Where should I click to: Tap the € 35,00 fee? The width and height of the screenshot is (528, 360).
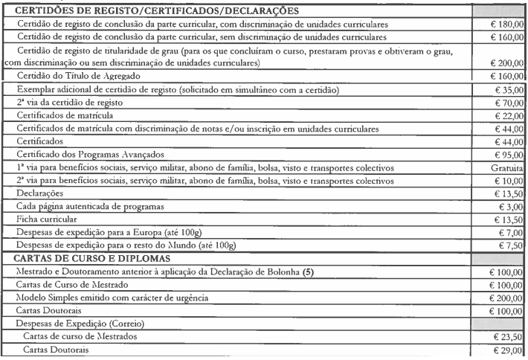point(505,89)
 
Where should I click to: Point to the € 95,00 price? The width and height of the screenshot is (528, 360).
point(505,155)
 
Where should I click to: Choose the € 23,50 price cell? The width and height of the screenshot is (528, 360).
point(505,337)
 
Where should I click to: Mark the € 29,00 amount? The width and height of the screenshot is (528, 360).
point(505,350)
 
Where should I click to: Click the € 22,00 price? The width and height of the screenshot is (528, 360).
point(505,115)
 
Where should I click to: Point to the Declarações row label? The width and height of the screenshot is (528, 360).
point(42,194)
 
